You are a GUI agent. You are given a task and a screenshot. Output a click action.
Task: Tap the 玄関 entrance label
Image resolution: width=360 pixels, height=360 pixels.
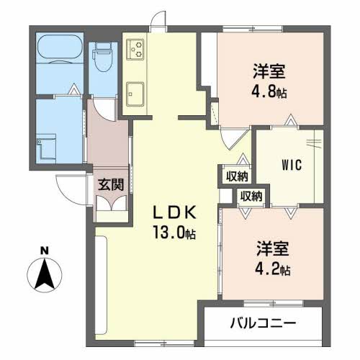click(x=111, y=184)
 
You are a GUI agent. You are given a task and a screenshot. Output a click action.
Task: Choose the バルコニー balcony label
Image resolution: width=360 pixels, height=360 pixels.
click(x=263, y=323)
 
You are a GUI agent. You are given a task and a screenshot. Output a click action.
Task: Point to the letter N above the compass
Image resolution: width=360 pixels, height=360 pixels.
click(x=45, y=251)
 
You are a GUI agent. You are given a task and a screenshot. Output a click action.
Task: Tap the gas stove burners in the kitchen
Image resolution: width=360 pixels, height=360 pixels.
click(x=135, y=49)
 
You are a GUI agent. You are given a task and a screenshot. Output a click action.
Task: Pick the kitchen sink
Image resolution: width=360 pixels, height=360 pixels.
click(x=135, y=94)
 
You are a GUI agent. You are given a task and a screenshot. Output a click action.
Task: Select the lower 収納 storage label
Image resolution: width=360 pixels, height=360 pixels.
click(x=251, y=195)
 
